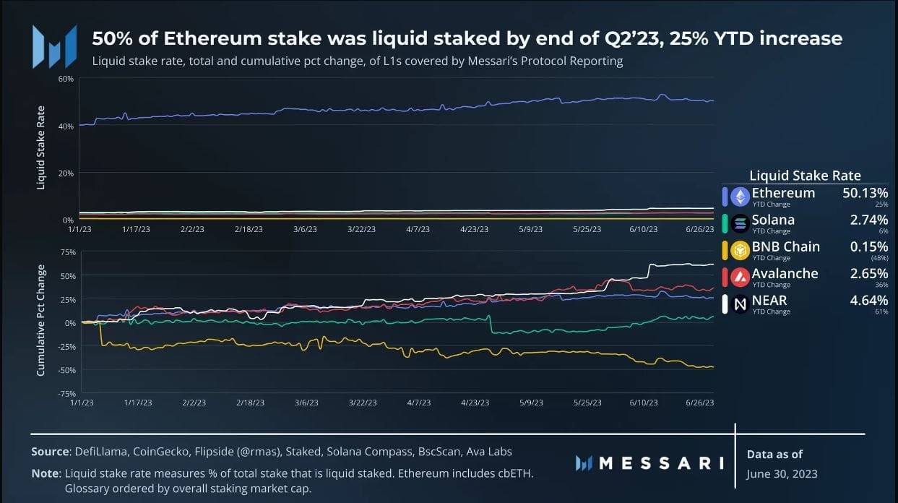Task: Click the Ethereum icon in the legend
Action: pos(740,197)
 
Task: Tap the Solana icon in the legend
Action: pos(740,223)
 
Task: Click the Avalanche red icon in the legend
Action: pos(740,277)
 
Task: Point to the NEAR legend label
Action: pos(769,300)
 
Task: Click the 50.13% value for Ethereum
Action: pos(865,193)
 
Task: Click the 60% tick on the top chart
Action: pos(66,78)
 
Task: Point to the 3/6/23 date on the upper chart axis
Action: pos(306,229)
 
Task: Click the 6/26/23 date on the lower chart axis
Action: pos(699,403)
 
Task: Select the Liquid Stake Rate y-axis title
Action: pos(41,148)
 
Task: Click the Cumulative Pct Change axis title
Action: pos(41,320)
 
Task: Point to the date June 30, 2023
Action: pos(782,474)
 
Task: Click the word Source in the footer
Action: pos(49,452)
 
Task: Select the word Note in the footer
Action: pos(45,474)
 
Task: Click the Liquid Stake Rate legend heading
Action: pos(805,176)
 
